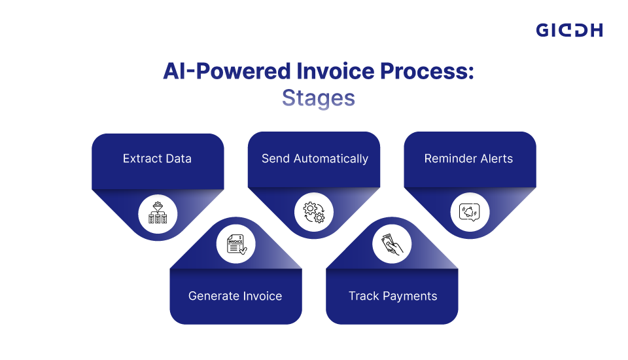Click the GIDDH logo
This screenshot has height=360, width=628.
[569, 31]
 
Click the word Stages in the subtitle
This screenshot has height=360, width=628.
[319, 98]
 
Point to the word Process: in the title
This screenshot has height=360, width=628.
[427, 71]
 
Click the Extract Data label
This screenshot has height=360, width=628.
[157, 158]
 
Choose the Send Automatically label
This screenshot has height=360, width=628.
[315, 159]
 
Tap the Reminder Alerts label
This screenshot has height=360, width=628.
[468, 158]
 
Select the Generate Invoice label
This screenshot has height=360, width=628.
[235, 296]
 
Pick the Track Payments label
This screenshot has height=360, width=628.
[393, 297]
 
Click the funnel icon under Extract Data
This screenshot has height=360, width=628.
[158, 213]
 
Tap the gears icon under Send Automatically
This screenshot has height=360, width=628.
[314, 213]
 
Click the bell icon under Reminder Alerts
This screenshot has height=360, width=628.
[470, 212]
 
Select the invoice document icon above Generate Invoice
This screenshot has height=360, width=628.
[236, 244]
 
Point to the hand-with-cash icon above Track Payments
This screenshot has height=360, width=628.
[392, 244]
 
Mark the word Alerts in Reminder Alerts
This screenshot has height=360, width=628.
[497, 158]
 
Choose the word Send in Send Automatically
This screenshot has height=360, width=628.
[275, 158]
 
